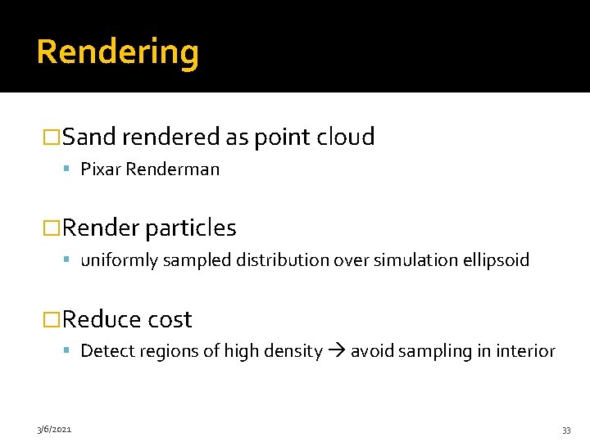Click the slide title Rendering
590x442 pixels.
pyautogui.click(x=117, y=52)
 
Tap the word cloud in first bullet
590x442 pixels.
pyautogui.click(x=347, y=137)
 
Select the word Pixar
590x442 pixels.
pyautogui.click(x=100, y=169)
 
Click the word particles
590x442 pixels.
pyautogui.click(x=190, y=228)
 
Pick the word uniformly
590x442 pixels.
pyautogui.click(x=116, y=260)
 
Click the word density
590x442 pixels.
pyautogui.click(x=293, y=351)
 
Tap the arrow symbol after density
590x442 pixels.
pyautogui.click(x=337, y=352)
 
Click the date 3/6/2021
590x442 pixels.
pyautogui.click(x=53, y=429)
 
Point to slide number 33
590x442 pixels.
pyautogui.click(x=566, y=430)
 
